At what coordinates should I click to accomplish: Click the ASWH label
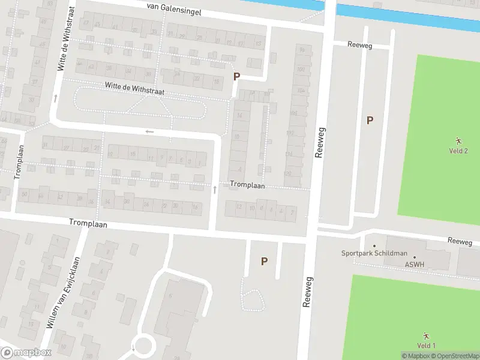pos(414,264)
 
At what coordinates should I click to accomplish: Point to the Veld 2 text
pos(458,151)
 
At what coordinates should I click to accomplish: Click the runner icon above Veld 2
pos(458,140)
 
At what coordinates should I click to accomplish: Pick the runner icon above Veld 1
pos(426,335)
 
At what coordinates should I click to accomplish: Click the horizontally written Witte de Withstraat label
pos(134,88)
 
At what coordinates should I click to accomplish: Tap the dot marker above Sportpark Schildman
pos(374,245)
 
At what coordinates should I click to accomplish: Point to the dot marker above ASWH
pos(414,257)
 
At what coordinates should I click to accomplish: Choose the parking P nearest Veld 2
pos(370,120)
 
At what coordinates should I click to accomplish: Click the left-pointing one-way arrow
pos(149,131)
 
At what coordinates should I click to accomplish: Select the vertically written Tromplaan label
pos(19,161)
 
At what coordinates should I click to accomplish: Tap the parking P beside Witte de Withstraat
pos(236,76)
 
